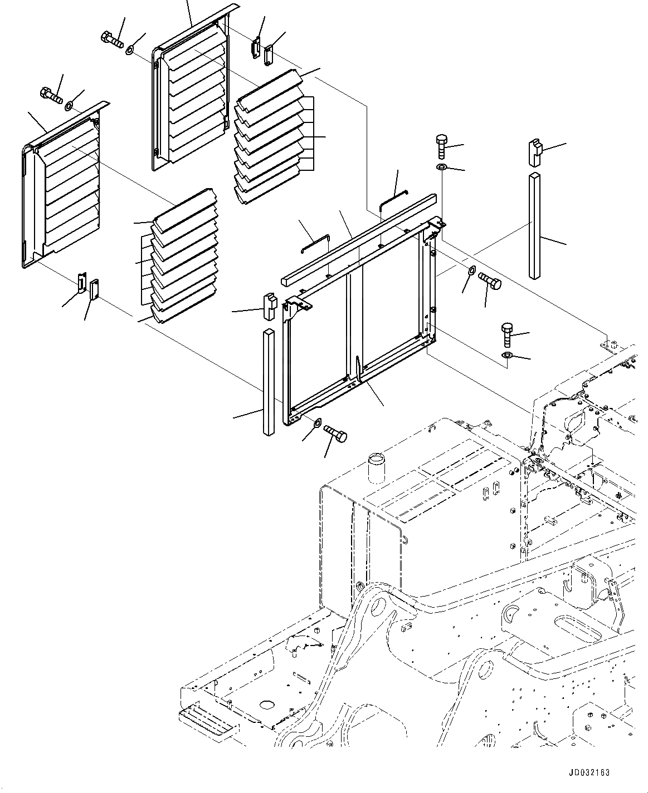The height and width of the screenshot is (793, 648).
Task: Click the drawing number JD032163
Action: pyautogui.click(x=589, y=772)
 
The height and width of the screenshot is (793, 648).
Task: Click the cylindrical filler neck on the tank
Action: pyautogui.click(x=377, y=467)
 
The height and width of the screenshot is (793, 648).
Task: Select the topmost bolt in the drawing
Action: pyautogui.click(x=113, y=39)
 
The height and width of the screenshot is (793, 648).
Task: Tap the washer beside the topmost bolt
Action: pyautogui.click(x=129, y=51)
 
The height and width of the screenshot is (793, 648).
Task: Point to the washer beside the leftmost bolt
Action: pyautogui.click(x=69, y=105)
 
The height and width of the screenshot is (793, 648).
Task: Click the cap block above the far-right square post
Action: pyautogui.click(x=535, y=153)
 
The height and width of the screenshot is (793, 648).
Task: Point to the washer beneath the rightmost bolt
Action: pyautogui.click(x=508, y=355)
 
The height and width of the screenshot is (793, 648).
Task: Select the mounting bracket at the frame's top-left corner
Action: pyautogui.click(x=299, y=304)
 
